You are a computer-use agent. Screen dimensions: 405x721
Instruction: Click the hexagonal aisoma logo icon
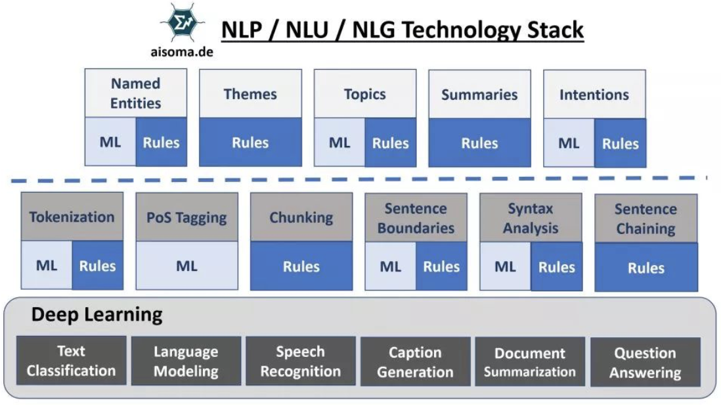tap(182, 24)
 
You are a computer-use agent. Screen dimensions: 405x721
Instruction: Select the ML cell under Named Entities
tap(110, 142)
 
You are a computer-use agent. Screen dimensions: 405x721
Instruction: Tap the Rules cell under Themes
tap(250, 142)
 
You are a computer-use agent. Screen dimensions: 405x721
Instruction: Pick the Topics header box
tap(364, 93)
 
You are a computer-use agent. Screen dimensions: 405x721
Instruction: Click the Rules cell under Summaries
tap(479, 143)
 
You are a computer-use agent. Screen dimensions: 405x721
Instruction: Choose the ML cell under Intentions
tap(569, 143)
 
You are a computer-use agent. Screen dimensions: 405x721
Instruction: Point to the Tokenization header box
tap(72, 217)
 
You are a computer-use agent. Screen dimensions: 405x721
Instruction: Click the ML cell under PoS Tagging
tap(186, 266)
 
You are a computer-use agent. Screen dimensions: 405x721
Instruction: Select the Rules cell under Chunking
tap(301, 266)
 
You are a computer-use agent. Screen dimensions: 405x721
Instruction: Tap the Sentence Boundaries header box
tap(416, 218)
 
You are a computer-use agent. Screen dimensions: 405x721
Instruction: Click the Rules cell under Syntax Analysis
tap(556, 266)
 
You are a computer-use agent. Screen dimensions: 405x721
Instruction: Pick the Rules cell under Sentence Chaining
tap(645, 268)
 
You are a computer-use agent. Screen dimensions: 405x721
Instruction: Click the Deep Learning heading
tap(97, 315)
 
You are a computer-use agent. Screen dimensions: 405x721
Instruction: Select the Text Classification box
tap(71, 360)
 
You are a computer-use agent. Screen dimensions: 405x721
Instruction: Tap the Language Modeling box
tap(186, 361)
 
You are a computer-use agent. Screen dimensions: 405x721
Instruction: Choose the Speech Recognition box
tap(301, 361)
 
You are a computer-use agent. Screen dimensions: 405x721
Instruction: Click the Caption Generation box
tap(415, 362)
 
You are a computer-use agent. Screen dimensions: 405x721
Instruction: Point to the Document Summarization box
tap(529, 362)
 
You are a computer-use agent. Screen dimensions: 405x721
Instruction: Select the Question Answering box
tap(645, 362)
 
